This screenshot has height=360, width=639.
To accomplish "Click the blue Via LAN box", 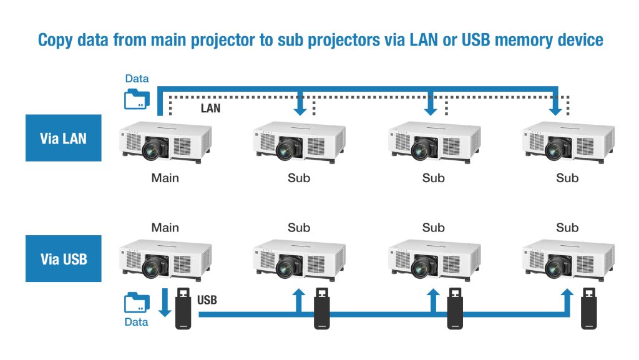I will [x=63, y=138].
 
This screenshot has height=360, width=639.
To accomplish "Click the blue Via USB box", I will [x=63, y=258].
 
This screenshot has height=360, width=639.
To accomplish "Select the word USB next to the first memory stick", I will [x=207, y=301].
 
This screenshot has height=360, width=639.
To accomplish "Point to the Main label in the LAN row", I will [x=165, y=178].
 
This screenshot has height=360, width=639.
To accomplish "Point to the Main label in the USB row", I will [x=165, y=228].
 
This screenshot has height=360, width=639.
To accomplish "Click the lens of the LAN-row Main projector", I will [x=154, y=149].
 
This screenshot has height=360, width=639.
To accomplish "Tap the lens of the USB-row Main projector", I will [x=154, y=269].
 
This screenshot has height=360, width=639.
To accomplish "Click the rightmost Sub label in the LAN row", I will [x=567, y=178].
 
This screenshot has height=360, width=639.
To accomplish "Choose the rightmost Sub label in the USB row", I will [x=567, y=228].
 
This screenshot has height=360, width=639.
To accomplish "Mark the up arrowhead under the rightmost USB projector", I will [x=567, y=293].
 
